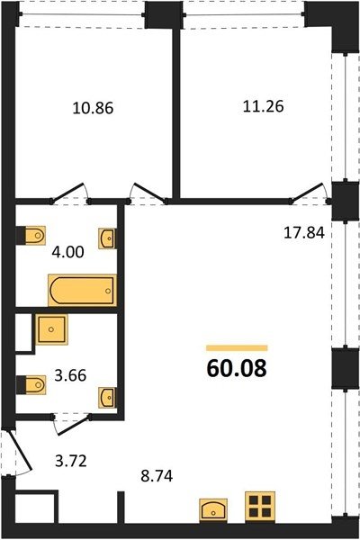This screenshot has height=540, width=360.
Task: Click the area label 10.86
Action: point(93,108)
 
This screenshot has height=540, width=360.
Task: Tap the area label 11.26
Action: point(264,106)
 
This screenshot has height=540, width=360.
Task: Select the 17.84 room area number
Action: point(304,233)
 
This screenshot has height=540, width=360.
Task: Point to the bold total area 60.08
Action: point(237,368)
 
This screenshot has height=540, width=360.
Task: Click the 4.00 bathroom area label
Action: point(67,252)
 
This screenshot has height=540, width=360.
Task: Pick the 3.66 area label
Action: point(70,375)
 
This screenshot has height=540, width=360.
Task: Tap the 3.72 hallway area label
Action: point(71,461)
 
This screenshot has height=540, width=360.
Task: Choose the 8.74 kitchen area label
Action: point(157,476)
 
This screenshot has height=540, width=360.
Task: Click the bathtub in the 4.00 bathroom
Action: point(82,291)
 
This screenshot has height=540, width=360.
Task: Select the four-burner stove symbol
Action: point(260,506)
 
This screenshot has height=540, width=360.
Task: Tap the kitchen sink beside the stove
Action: point(213,509)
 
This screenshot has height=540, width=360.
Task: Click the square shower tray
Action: point(51,329)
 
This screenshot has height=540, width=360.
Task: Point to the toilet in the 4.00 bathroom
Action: point(31,236)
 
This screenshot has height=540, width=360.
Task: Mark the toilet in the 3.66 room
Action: point(31,385)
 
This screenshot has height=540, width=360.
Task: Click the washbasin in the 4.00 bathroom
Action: point(107,238)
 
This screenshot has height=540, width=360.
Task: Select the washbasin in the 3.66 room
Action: point(107,398)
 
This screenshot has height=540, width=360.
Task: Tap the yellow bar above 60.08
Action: point(237,347)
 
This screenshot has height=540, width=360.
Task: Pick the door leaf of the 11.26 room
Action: point(308,193)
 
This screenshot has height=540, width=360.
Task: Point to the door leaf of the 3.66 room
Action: point(74,426)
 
